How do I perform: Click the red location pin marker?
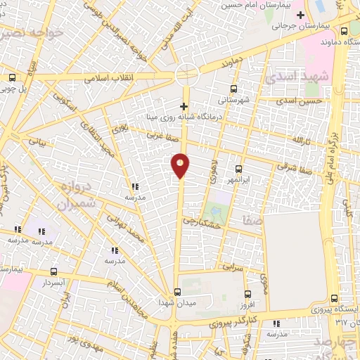pyautogui.click(x=181, y=165)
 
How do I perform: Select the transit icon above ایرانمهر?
pyautogui.click(x=238, y=169)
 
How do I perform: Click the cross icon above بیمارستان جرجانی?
pyautogui.click(x=301, y=15)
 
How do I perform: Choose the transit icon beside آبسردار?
pyautogui.click(x=54, y=271)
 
